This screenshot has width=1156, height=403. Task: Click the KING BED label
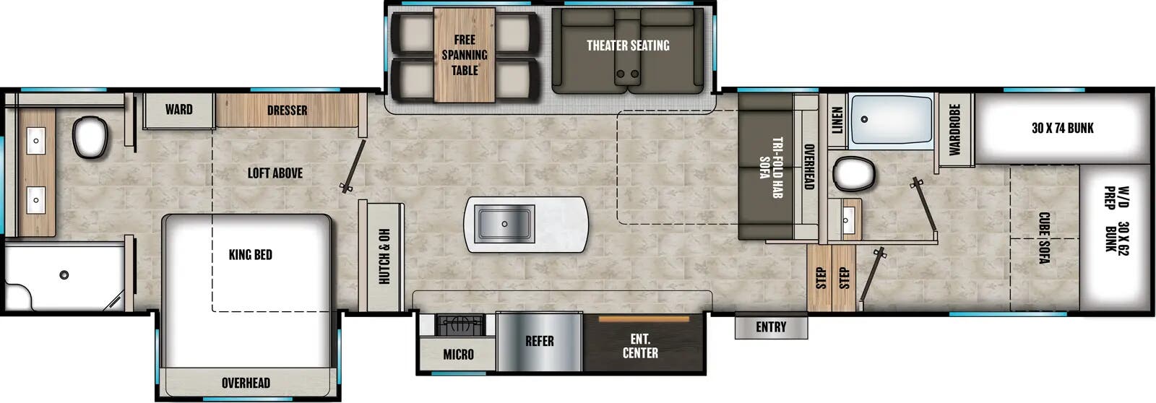pos(250,254)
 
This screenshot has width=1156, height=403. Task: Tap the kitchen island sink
pos(504,223)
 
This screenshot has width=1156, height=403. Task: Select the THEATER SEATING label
pos(627,45)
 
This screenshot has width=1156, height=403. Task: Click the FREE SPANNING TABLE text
pos(465,55)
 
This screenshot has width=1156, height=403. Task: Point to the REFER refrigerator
pos(539,341)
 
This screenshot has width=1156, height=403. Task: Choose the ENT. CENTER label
pos(640,346)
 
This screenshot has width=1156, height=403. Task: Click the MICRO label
pos(458,354)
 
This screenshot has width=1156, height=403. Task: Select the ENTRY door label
pos(771,327)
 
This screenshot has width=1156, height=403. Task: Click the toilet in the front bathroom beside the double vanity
pos(90,137)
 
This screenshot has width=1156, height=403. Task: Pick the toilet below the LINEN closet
pos(853,174)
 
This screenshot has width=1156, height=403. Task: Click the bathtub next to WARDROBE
pos(892,121)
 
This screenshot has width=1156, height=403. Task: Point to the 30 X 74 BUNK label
pos(1062,129)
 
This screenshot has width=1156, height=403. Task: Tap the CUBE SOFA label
pos(1043,238)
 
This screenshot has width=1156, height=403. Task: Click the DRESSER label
pos(287,110)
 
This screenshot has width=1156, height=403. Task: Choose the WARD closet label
pos(178,110)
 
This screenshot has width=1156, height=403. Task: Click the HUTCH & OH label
pos(384,256)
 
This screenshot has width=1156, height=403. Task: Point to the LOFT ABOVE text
pos(275,173)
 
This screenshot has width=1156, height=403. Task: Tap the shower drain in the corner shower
pos(64,274)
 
